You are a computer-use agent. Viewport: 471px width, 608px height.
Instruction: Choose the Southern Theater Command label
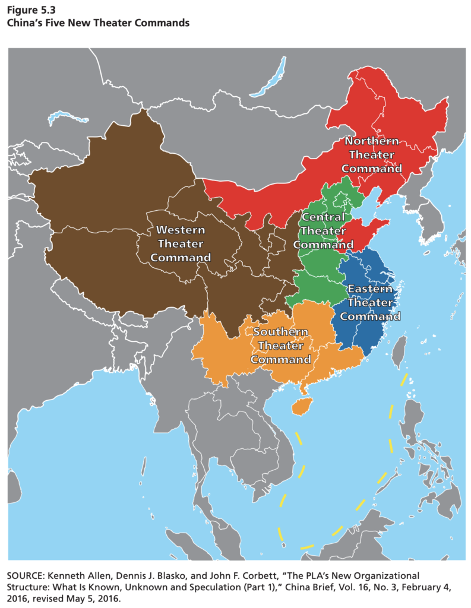(x=280, y=346)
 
